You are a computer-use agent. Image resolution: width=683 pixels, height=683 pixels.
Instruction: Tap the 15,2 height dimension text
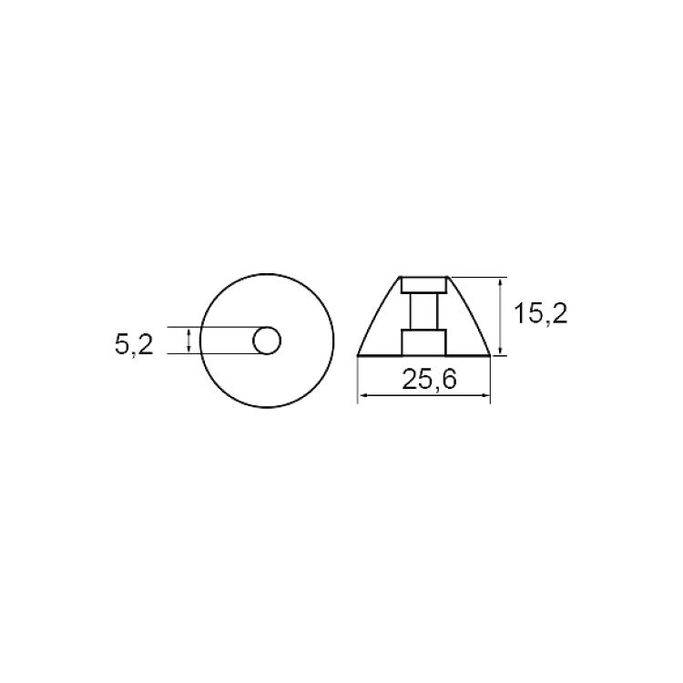541,313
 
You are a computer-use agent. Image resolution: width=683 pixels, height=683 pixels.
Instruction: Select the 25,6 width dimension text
429,380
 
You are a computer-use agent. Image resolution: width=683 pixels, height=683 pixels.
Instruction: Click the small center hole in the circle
267,341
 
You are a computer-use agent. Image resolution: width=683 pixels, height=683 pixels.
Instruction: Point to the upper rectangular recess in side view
423,284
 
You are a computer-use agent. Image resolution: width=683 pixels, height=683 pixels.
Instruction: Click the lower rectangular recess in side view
423,342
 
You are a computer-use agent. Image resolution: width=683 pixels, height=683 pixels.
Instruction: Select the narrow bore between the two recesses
423,311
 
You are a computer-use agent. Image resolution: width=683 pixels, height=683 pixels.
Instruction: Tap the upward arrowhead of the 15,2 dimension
501,282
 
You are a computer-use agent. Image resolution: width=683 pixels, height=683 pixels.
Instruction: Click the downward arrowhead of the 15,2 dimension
501,351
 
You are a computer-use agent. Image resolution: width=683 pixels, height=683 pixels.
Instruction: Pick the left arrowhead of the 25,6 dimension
362,395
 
